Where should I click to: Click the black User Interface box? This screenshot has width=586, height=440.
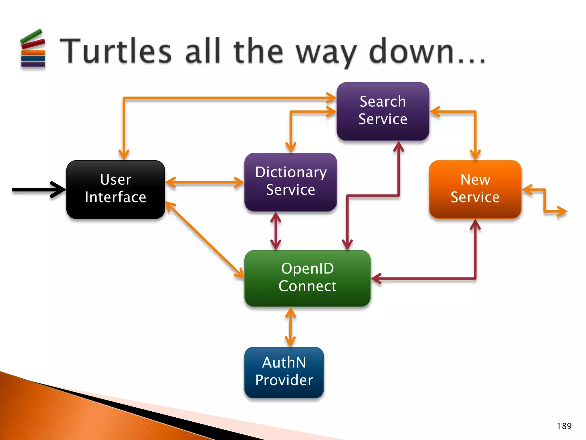[116, 189]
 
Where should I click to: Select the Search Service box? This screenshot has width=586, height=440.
[383, 111]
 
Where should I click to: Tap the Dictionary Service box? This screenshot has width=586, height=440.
[290, 182]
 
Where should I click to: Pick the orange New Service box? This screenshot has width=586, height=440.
[475, 189]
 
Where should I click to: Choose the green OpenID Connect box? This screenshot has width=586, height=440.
[307, 278]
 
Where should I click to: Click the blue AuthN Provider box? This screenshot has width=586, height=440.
[284, 372]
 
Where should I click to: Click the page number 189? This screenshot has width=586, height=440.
[564, 426]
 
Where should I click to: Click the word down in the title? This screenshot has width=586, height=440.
[412, 52]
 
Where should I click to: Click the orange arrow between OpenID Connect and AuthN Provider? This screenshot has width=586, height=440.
[290, 327]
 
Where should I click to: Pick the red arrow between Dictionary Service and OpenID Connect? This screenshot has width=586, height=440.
[276, 231]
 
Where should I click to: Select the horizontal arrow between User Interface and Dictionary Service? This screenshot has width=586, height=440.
[205, 182]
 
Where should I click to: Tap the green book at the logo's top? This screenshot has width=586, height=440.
[31, 36]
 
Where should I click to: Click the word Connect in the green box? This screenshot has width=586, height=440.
[307, 286]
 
